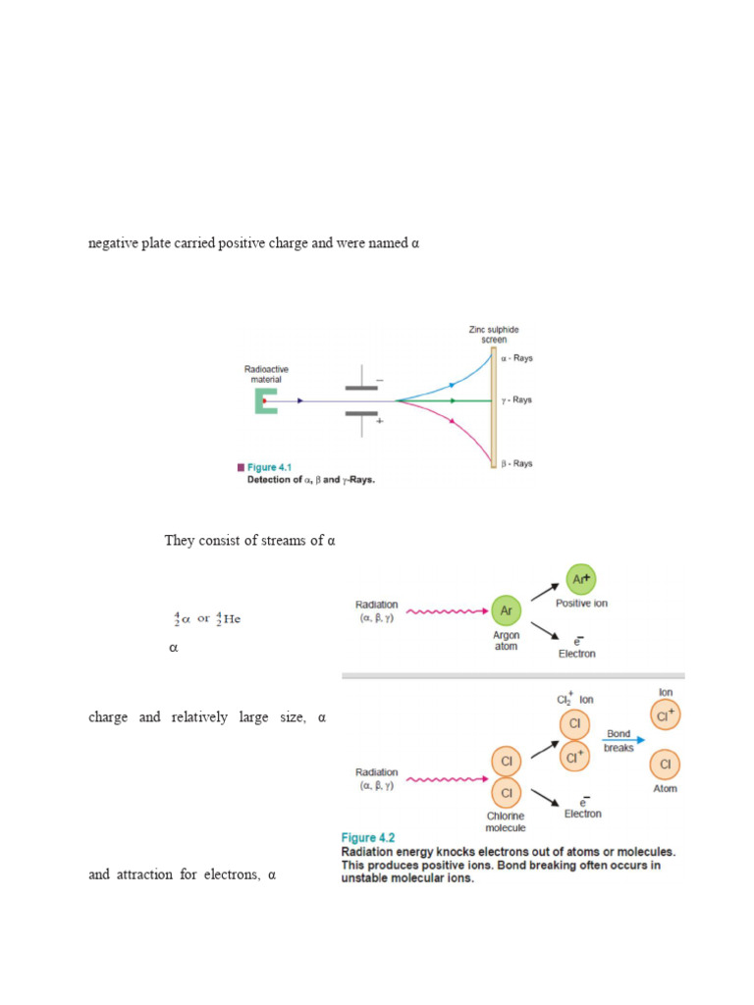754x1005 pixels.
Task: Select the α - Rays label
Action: (516, 358)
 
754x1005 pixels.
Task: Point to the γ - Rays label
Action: (516, 400)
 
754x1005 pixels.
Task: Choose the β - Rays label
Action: (516, 463)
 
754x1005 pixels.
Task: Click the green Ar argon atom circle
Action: (505, 610)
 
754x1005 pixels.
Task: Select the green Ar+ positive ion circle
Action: (579, 579)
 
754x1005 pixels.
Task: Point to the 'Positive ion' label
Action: (581, 604)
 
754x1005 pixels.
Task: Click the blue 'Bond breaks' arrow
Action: (623, 741)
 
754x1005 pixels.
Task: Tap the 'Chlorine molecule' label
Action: (505, 821)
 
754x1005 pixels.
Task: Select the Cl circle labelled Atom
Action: (664, 764)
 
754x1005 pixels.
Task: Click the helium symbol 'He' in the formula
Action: (232, 619)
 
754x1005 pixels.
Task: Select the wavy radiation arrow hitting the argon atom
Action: (447, 610)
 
